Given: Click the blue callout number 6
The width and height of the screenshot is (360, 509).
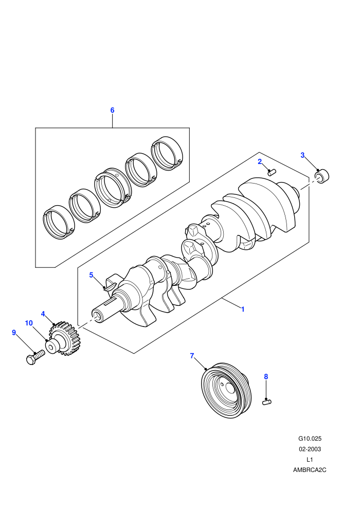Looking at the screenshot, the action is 112,110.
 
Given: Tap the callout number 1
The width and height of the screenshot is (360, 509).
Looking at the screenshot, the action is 243,310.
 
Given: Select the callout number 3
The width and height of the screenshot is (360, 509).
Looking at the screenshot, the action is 302,155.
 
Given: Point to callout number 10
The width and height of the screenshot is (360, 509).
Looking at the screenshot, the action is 29,323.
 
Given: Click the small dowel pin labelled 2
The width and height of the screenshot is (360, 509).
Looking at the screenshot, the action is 272,172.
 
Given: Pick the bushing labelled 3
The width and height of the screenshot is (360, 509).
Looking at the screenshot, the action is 322,176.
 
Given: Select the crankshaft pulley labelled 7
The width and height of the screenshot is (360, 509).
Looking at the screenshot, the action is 227,390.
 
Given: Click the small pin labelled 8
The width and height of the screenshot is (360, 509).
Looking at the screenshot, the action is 267,402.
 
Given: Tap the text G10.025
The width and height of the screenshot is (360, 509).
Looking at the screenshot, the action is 310,439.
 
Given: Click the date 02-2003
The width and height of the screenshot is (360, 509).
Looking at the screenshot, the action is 310,449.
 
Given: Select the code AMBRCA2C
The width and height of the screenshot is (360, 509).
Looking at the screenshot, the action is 310,470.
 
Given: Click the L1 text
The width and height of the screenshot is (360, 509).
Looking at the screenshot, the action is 310,459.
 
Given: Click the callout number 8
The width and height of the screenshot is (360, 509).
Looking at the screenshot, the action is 266,376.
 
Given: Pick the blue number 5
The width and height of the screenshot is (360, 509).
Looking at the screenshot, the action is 91,275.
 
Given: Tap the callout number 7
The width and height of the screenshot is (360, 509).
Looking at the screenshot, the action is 192,356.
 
